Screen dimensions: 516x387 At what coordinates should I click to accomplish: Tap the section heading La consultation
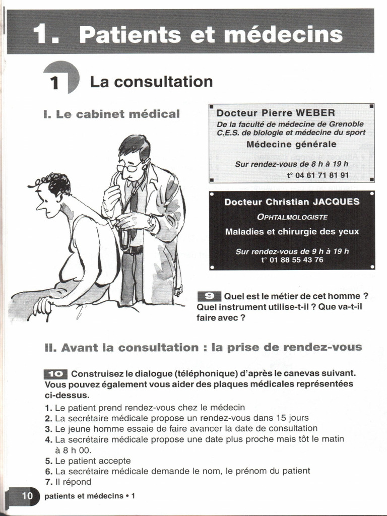pyautogui.click(x=151, y=82)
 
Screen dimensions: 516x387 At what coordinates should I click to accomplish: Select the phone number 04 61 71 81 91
pyautogui.click(x=317, y=175)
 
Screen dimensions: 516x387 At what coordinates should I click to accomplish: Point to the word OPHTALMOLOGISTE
pyautogui.click(x=292, y=217)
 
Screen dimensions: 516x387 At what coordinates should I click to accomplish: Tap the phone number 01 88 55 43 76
pyautogui.click(x=292, y=260)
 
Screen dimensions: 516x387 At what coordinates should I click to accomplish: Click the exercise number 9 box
pyautogui.click(x=209, y=296)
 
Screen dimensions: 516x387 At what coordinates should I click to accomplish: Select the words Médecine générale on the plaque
pyautogui.click(x=291, y=145)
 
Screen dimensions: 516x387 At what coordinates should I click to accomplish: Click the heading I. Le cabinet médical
pyautogui.click(x=111, y=114)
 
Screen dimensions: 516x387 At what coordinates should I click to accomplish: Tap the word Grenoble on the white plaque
pyautogui.click(x=345, y=124)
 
